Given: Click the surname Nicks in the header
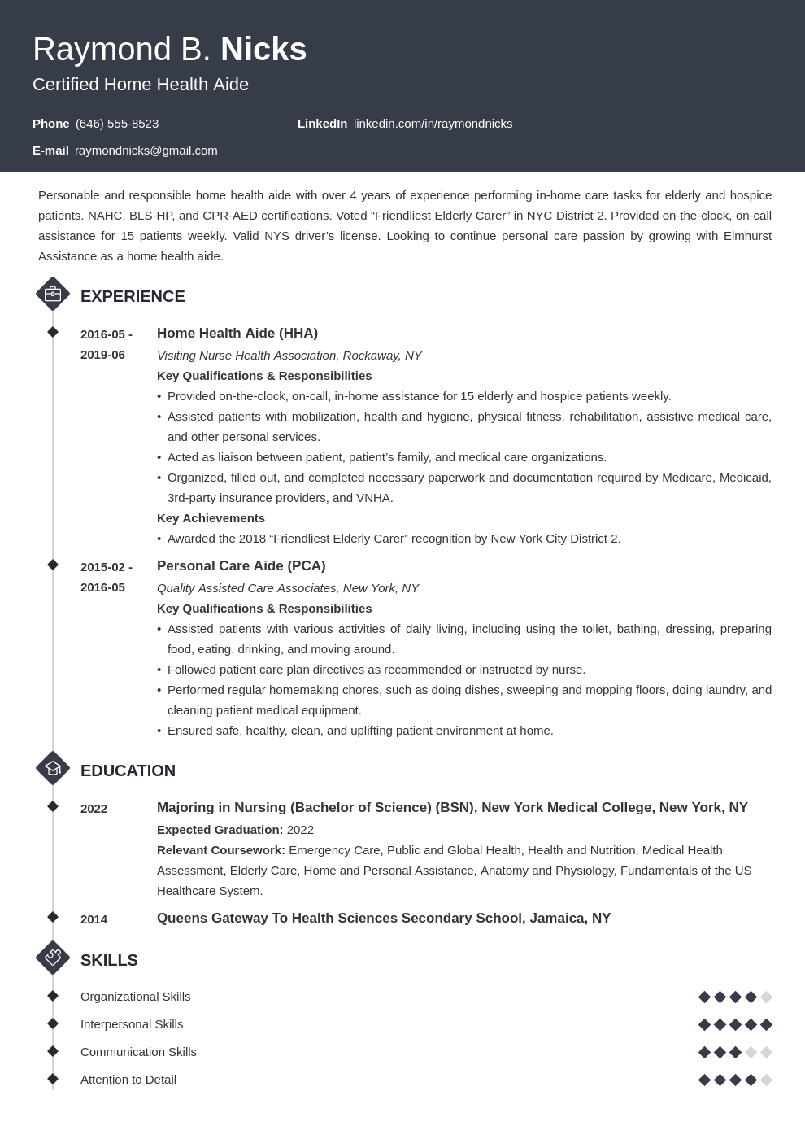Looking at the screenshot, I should click(x=263, y=50).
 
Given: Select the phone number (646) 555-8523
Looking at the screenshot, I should click(x=117, y=124).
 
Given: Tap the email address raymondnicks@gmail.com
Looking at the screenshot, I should click(x=146, y=151).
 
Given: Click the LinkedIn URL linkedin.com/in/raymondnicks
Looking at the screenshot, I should click(x=433, y=124).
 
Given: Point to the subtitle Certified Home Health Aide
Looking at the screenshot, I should click(x=141, y=85).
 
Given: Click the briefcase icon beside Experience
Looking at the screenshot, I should click(x=53, y=295).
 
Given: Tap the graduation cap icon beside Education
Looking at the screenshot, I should click(x=53, y=769).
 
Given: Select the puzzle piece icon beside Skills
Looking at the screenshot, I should click(x=53, y=958).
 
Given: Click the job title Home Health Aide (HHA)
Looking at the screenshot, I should click(x=237, y=334).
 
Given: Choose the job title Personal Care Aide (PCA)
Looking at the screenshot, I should click(x=241, y=566).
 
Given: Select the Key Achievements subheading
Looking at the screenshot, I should click(x=211, y=518).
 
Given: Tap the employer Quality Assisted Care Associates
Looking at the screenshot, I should click(x=246, y=588).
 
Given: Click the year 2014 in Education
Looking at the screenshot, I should click(x=94, y=919).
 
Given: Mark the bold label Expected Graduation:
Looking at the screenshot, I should click(x=220, y=830).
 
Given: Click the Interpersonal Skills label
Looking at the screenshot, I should click(x=132, y=1024).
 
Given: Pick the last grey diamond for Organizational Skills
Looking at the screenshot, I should click(x=766, y=997).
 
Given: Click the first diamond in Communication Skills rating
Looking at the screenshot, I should click(x=704, y=1052).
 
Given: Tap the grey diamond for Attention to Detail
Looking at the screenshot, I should click(x=766, y=1080).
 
